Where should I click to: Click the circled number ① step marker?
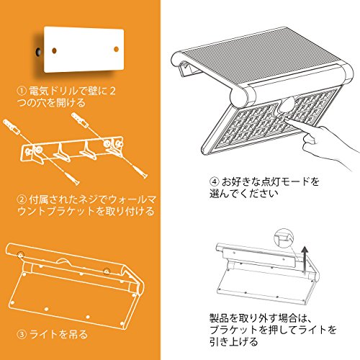click(22, 91)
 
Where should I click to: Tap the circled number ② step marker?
click(22, 199)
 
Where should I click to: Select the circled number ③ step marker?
click(22, 334)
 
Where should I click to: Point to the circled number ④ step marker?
click(214, 181)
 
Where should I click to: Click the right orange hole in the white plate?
click(116, 49)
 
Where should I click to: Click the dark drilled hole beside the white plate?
click(38, 52)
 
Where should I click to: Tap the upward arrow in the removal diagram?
click(305, 261)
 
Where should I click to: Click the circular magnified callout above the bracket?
click(284, 238)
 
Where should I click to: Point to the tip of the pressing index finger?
click(287, 119)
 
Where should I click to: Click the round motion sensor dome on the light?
click(287, 107)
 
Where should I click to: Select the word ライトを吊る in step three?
click(58, 334)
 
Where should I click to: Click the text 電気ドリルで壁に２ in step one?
click(72, 91)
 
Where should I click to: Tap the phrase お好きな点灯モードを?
click(270, 181)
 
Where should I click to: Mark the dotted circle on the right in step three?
click(107, 271)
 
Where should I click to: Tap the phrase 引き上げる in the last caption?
click(233, 341)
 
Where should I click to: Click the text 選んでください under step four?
click(244, 194)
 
